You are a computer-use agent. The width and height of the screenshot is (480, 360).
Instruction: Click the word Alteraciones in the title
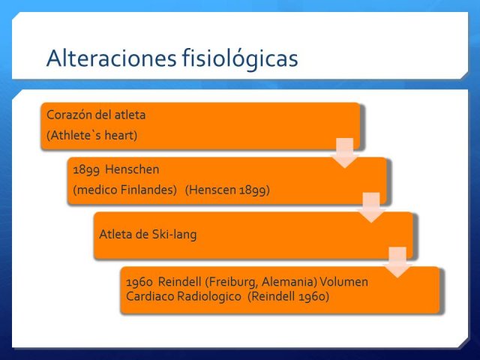[112, 58]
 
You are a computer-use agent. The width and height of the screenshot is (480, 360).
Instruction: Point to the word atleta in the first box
[130, 115]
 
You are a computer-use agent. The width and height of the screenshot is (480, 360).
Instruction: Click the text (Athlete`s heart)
[91, 135]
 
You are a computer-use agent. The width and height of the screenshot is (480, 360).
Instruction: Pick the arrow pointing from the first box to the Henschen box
[345, 153]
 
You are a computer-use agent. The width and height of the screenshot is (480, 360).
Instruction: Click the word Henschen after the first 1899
[132, 169]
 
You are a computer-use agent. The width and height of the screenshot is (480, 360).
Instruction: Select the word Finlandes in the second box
[148, 190]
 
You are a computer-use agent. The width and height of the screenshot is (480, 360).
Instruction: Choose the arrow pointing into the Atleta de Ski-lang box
[371, 207]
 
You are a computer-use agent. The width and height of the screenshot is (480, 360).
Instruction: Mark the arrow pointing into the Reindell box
[397, 262]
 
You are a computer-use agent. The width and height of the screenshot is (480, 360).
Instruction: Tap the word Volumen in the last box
[343, 282]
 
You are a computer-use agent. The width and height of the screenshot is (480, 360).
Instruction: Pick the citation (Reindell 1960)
[288, 296]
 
